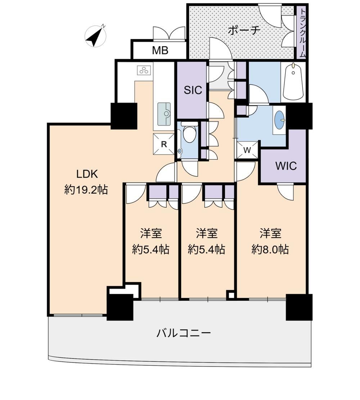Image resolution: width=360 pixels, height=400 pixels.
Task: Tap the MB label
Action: (x=160, y=50)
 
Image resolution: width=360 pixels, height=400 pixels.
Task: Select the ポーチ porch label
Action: (x=244, y=31)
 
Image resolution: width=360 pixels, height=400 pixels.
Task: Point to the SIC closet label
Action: (x=193, y=90)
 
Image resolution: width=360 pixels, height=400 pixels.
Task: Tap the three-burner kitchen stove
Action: (x=144, y=70)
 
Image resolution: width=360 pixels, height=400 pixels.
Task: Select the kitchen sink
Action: (x=164, y=114)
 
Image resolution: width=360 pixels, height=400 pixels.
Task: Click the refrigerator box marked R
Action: (x=164, y=144)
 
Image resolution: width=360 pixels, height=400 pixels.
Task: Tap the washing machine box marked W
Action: (x=247, y=150)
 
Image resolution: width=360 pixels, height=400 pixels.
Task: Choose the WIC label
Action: (x=286, y=166)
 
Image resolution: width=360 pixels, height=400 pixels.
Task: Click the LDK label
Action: (x=87, y=174)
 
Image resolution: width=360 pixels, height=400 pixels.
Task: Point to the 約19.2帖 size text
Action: (x=86, y=190)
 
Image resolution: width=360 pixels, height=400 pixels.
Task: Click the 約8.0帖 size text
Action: (x=270, y=249)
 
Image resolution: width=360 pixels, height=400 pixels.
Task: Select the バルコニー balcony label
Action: (x=184, y=333)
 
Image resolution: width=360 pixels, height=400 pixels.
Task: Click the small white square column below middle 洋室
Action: (x=231, y=295)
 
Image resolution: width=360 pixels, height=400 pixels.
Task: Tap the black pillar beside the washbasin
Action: (x=299, y=116)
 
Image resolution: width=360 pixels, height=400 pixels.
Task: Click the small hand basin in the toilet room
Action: (x=180, y=151)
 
